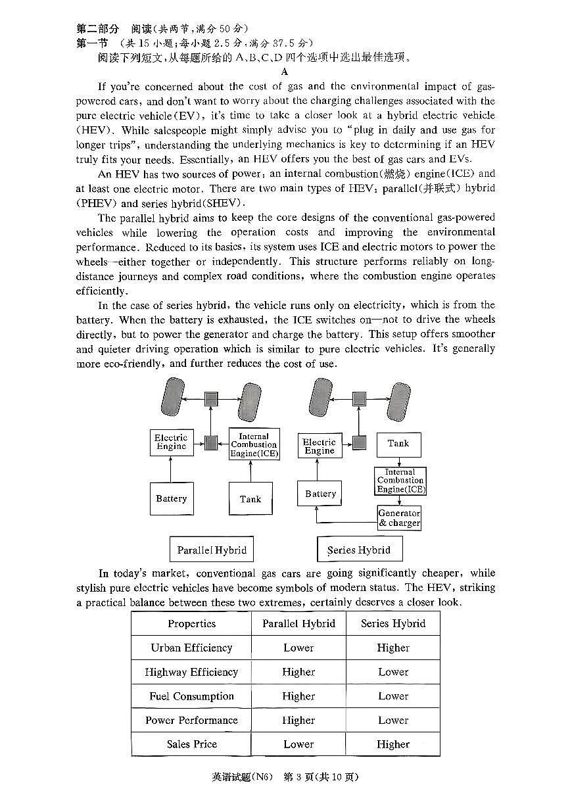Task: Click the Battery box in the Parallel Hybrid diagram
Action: point(171,498)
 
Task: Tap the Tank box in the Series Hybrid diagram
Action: point(398,444)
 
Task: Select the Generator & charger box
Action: point(399,518)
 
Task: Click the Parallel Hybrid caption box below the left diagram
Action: point(212,550)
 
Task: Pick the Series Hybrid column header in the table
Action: point(393,623)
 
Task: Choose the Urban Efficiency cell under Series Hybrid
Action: point(393,648)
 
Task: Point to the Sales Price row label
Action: point(191,744)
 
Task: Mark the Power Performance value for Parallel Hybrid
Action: point(298,720)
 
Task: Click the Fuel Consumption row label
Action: point(191,696)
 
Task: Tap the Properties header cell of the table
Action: point(191,623)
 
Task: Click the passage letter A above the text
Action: point(285,72)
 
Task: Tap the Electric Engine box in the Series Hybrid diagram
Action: point(320,446)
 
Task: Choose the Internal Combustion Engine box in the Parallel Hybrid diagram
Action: point(254,445)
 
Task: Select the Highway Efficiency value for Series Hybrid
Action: point(393,672)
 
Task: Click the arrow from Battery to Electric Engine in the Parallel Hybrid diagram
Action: point(171,469)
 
